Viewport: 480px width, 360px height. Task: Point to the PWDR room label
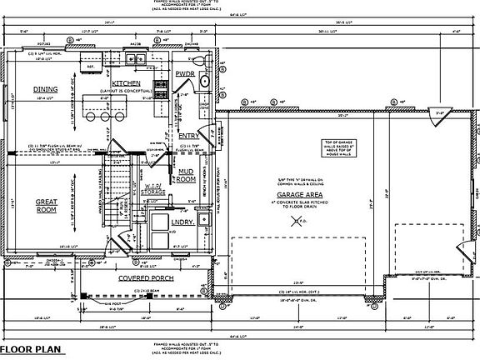point(185,74)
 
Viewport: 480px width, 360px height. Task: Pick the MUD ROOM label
point(185,175)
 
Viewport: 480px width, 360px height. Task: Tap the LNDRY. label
point(182,222)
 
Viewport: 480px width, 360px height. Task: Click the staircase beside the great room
point(122,187)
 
